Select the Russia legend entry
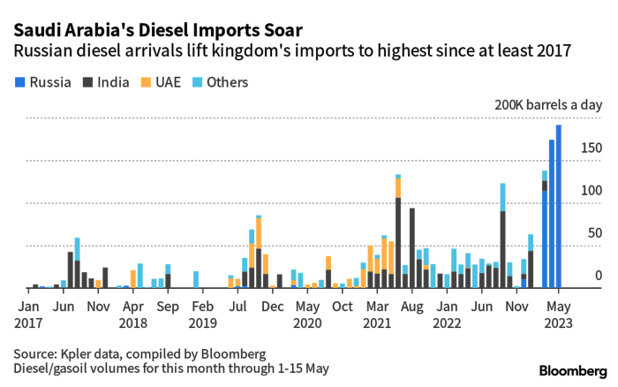coord(43,82)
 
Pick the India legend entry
coord(109,82)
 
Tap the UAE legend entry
coord(168,82)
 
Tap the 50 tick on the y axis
coord(593,233)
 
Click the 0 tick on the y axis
coord(598,276)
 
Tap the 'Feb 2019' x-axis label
coord(203,314)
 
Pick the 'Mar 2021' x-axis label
coord(378,314)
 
